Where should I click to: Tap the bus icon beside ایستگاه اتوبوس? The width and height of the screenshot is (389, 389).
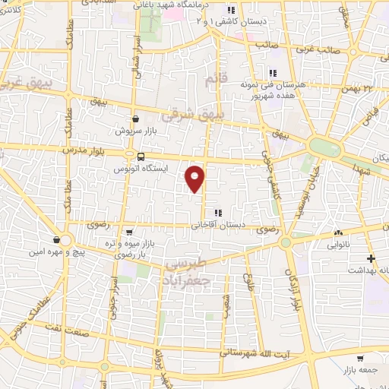(x=130, y=157)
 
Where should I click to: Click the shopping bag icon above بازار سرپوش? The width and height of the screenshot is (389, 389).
(x=135, y=119)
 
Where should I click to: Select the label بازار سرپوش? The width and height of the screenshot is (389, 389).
(x=135, y=131)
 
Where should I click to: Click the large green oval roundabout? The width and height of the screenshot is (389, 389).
(x=325, y=147)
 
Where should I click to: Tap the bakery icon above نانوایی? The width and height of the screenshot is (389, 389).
(x=338, y=232)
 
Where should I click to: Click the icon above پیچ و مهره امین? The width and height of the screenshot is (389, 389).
(x=58, y=240)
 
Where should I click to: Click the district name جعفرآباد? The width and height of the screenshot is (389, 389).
(x=185, y=279)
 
